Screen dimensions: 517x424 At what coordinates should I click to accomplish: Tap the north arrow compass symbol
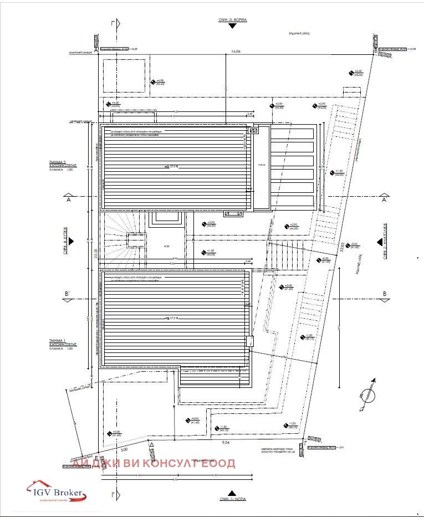coord(366,394)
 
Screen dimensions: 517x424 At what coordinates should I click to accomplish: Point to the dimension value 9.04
coord(226,443)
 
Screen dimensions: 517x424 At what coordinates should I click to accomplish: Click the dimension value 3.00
coord(125,450)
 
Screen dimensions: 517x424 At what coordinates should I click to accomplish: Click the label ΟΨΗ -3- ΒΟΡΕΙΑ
coord(232,19)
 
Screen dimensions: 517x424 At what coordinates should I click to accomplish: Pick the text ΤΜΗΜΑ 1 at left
coord(58,340)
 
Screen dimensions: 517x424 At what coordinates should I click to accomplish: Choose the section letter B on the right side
coord(384,293)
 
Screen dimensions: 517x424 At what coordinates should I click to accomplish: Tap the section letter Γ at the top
coord(113,24)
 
